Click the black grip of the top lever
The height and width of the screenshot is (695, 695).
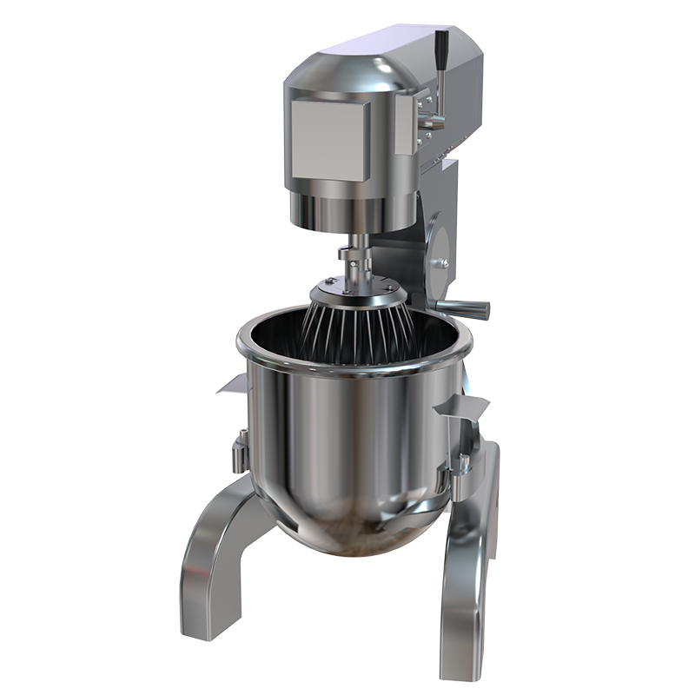[x=442, y=44]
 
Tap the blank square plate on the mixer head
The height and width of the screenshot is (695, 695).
[x=329, y=138]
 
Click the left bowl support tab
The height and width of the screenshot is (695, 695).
[x=232, y=383]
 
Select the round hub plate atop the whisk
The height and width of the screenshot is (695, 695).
[x=352, y=285]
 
